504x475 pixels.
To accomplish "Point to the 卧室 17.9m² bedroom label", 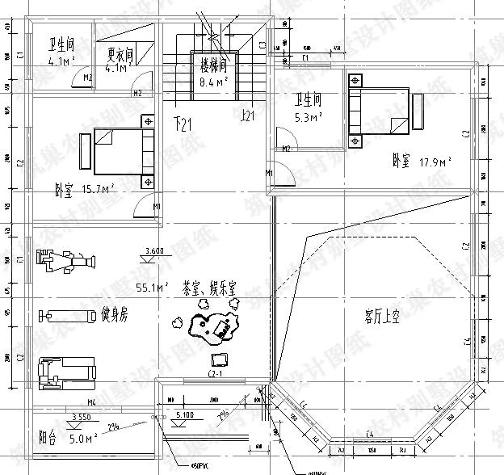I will pos(422,161).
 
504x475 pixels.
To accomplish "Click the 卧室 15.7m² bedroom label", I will pos(84,190).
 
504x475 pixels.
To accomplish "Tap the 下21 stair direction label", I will pos(185,124).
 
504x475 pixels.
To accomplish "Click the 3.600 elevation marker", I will pos(153,252).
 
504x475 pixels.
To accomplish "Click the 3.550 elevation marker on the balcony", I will pos(80,417).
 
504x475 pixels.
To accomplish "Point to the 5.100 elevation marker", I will pos(183,416).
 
